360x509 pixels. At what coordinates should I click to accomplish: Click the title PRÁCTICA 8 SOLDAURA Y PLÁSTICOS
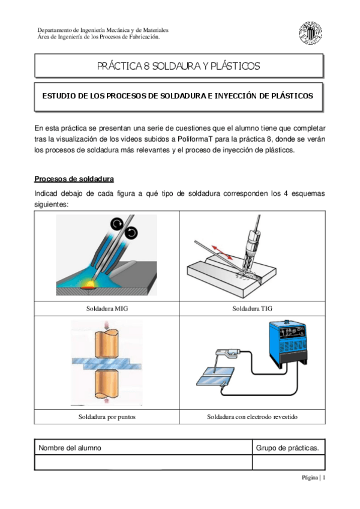(179, 65)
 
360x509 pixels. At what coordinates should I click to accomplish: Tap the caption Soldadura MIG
(107, 309)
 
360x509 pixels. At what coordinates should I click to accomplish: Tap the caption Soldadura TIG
(252, 309)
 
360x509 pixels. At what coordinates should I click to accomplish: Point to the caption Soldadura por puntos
(107, 417)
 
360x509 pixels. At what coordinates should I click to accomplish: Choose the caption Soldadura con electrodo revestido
(252, 417)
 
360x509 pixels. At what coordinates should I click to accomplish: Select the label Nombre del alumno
(70, 448)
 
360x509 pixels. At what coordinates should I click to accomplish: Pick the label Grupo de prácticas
(287, 448)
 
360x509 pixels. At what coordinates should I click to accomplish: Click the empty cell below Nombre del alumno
(143, 462)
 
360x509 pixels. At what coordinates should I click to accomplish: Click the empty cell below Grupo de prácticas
(288, 462)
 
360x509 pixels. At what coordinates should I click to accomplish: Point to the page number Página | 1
(313, 478)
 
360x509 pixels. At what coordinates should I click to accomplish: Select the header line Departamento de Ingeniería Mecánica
(103, 29)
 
